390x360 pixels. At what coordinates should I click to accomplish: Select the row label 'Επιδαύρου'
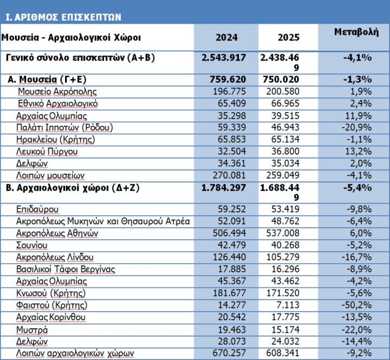tap(38, 209)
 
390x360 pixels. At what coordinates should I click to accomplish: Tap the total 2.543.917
tap(224, 57)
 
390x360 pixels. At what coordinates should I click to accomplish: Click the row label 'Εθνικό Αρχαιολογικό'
tap(57, 104)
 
